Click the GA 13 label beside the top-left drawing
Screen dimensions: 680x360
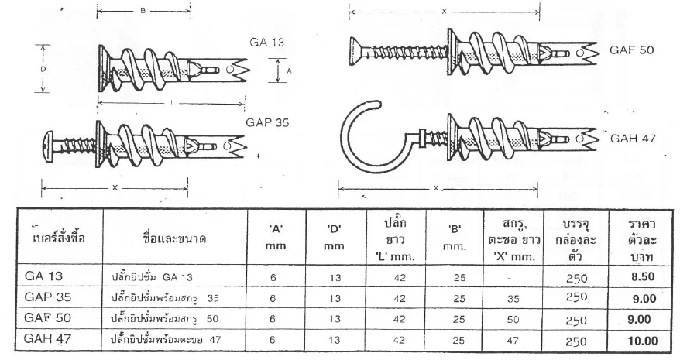click(x=266, y=42)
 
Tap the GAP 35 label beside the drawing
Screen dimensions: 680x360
click(x=267, y=122)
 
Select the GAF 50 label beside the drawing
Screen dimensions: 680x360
click(x=631, y=50)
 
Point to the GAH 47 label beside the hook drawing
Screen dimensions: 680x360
click(x=634, y=139)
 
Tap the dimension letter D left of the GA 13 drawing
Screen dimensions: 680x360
click(x=43, y=69)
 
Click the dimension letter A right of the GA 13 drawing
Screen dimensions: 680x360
click(x=289, y=70)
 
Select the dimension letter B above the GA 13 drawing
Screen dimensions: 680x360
click(x=143, y=10)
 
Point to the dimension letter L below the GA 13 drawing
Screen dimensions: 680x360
click(x=172, y=103)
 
